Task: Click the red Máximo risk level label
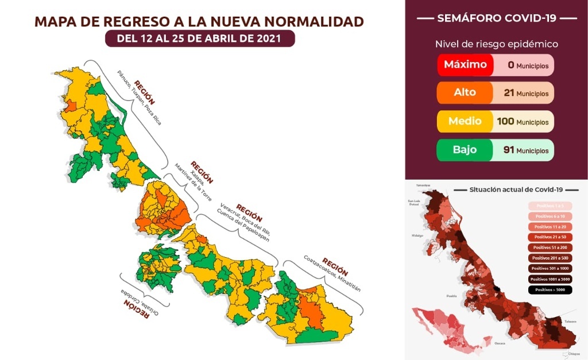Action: (x=465, y=65)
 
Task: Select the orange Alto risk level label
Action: (x=465, y=92)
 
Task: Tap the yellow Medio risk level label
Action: (x=465, y=122)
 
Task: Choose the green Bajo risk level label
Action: (x=465, y=150)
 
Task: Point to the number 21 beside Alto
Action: (x=508, y=93)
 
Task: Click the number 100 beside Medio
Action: (x=504, y=122)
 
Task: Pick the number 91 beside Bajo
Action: (x=508, y=150)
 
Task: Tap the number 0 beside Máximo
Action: (x=510, y=65)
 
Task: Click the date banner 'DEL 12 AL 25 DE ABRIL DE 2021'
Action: (x=199, y=38)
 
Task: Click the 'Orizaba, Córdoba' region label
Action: (x=138, y=301)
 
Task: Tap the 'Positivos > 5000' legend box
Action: (x=551, y=289)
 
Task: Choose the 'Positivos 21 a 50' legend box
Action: (x=551, y=237)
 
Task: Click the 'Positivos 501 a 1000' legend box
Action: (x=551, y=268)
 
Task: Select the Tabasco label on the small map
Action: (x=570, y=321)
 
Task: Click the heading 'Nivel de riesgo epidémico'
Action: (x=496, y=44)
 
